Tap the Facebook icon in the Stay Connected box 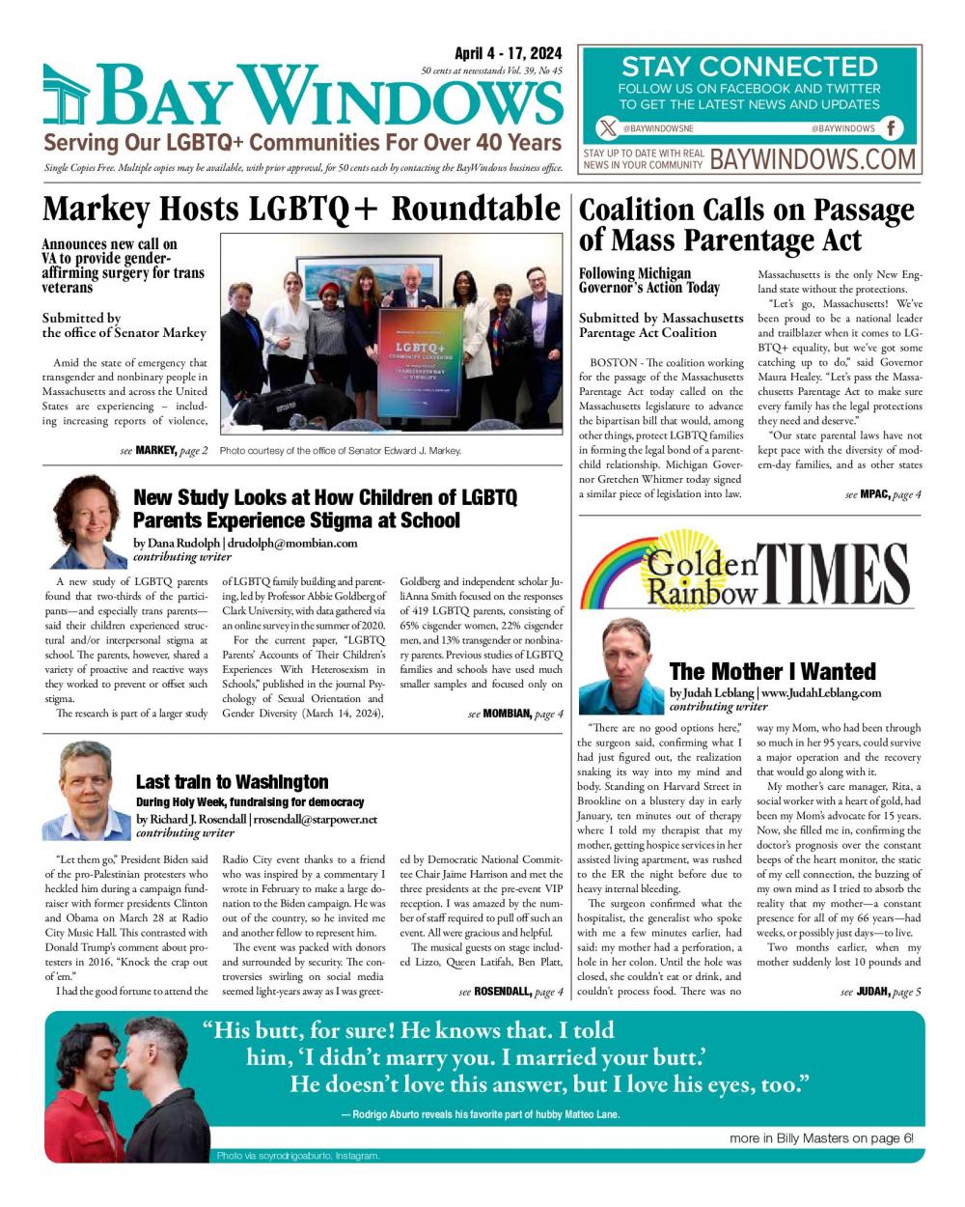point(892,128)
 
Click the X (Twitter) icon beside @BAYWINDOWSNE point(606,128)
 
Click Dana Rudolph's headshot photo point(89,522)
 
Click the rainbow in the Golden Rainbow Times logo point(619,570)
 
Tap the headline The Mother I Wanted point(772,671)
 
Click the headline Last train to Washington point(232,782)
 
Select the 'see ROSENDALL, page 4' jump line point(510,992)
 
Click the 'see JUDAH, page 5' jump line point(880,992)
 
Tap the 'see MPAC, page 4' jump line point(883,494)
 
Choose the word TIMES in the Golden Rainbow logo point(835,575)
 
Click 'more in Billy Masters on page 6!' point(820,1138)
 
